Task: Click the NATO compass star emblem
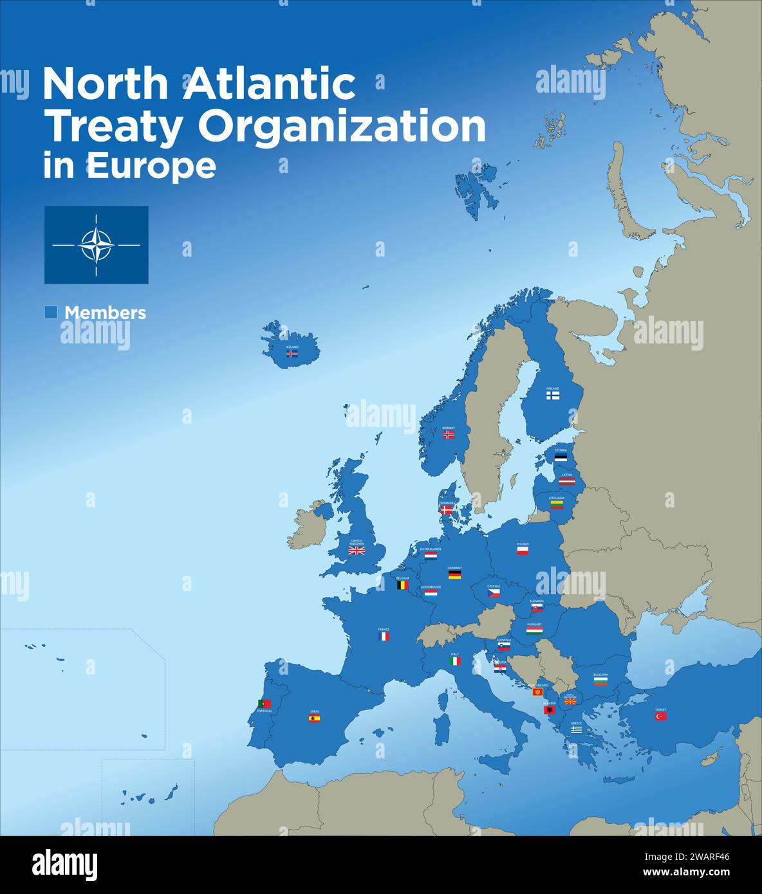coord(97,245)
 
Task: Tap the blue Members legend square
coord(51,313)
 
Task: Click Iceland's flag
coord(292,354)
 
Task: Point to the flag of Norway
coord(449,435)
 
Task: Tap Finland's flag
coord(553,396)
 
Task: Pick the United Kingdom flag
coord(357,551)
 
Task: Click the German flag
coord(454,575)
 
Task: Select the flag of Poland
coord(523,551)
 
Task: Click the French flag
coord(384,636)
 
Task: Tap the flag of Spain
coord(314,718)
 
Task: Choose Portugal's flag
coord(264,704)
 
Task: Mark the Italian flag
coord(455,661)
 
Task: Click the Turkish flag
coord(661,716)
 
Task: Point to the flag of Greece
coord(576,729)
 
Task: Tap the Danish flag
coord(447,509)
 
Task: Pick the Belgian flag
coord(402,585)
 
